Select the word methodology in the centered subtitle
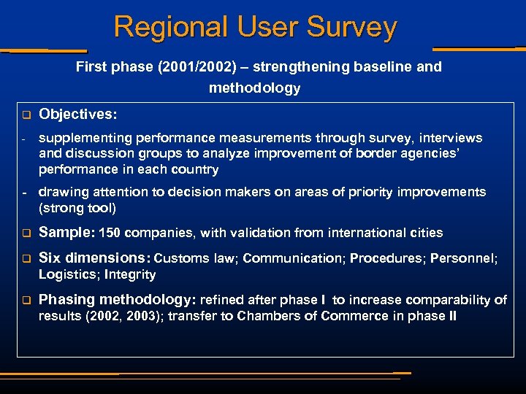click(254, 88)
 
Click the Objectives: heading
click(77, 115)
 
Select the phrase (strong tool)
click(77, 208)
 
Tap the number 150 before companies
click(109, 233)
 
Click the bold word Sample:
click(66, 233)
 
